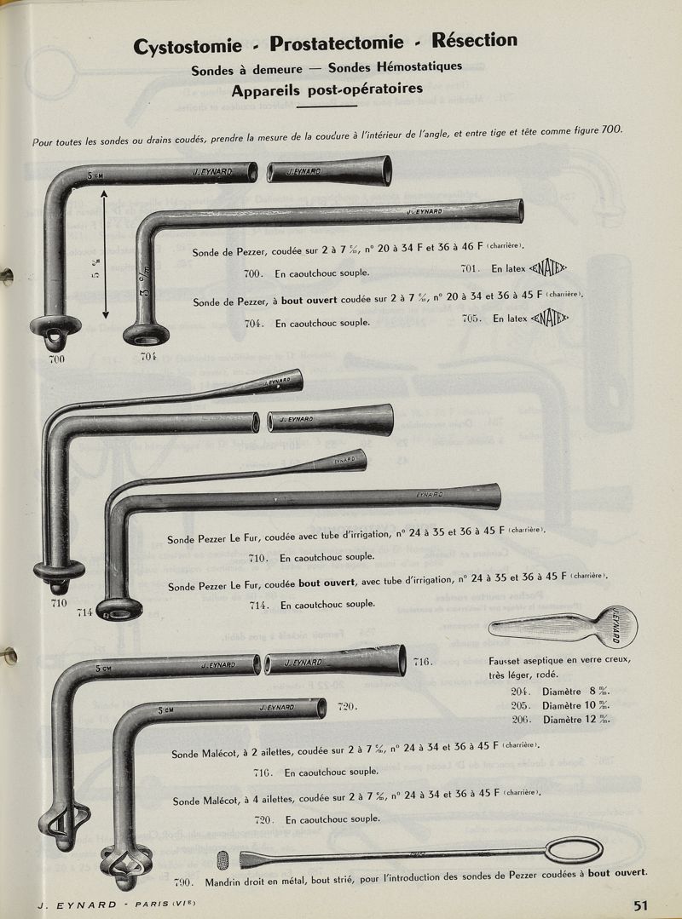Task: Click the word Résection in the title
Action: (475, 40)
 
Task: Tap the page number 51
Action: (643, 905)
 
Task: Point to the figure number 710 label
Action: (60, 603)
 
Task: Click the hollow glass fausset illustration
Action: (563, 629)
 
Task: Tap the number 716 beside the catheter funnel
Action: (424, 662)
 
